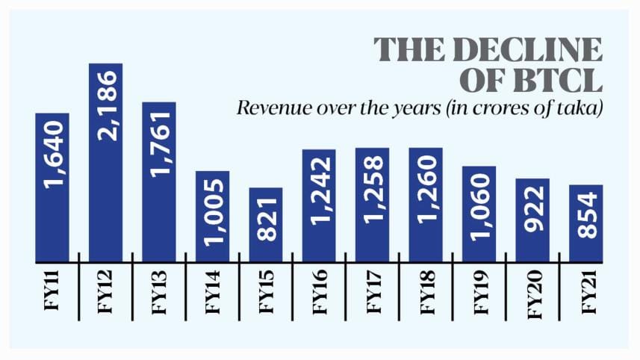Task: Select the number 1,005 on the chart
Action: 213,214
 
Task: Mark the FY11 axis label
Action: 52,295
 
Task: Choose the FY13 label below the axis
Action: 159,295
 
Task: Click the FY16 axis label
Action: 319,295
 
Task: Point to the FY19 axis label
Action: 479,295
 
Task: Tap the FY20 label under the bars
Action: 532,295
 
